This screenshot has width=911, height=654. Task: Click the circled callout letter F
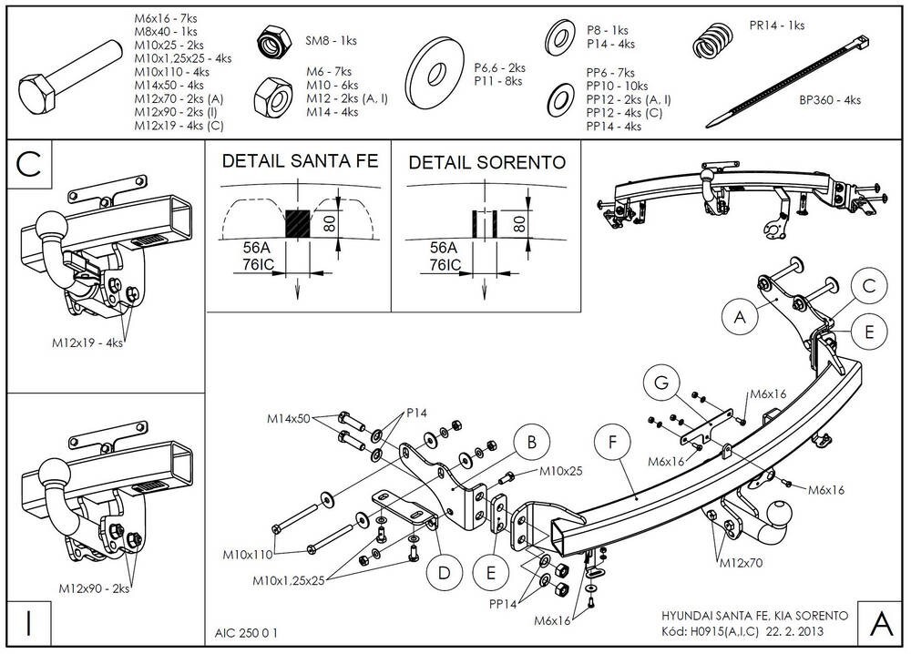click(x=612, y=441)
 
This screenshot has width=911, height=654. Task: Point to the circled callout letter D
click(x=445, y=572)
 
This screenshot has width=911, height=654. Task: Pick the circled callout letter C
click(x=869, y=285)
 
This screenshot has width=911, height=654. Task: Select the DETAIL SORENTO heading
click(x=486, y=162)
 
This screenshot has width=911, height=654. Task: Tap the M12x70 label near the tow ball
click(x=740, y=562)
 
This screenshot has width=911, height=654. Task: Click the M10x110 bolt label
click(x=247, y=553)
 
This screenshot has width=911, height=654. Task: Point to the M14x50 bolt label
click(x=289, y=419)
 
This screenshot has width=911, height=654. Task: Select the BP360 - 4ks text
click(x=830, y=100)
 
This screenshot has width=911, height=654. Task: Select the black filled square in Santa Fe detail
click(x=298, y=223)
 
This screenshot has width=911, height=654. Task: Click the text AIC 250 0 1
click(x=247, y=630)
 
